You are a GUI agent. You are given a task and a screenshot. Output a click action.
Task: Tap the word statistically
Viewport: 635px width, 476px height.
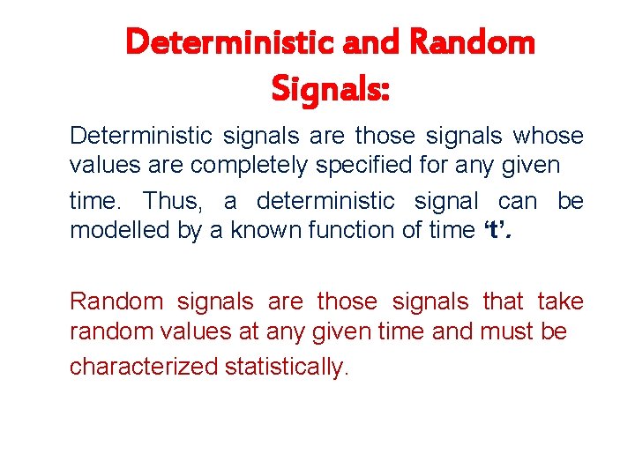point(287,366)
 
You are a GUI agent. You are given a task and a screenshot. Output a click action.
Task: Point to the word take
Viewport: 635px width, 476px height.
point(560,301)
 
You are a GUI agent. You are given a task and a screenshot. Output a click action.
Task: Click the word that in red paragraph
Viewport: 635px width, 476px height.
point(503,301)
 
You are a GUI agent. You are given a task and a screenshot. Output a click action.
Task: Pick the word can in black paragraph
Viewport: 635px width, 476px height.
point(517,201)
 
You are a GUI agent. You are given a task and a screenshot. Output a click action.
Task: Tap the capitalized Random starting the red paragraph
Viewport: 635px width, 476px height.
point(116,301)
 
